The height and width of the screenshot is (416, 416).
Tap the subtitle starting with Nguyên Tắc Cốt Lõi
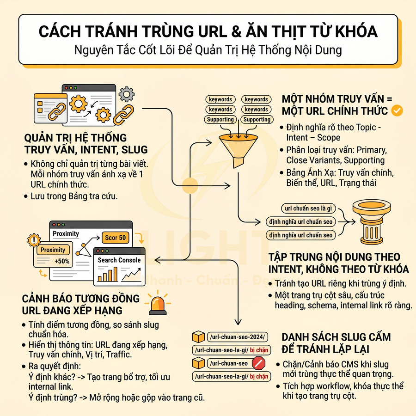tap(208, 50)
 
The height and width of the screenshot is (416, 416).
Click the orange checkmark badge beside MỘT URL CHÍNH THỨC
tap(397, 111)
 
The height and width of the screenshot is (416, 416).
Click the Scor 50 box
tap(116, 238)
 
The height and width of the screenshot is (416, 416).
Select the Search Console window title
tap(119, 260)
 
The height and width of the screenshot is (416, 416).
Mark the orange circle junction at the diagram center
tap(190, 185)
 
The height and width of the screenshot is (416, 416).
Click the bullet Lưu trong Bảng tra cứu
tap(74, 196)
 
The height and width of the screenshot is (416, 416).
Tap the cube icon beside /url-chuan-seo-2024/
tap(198, 336)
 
